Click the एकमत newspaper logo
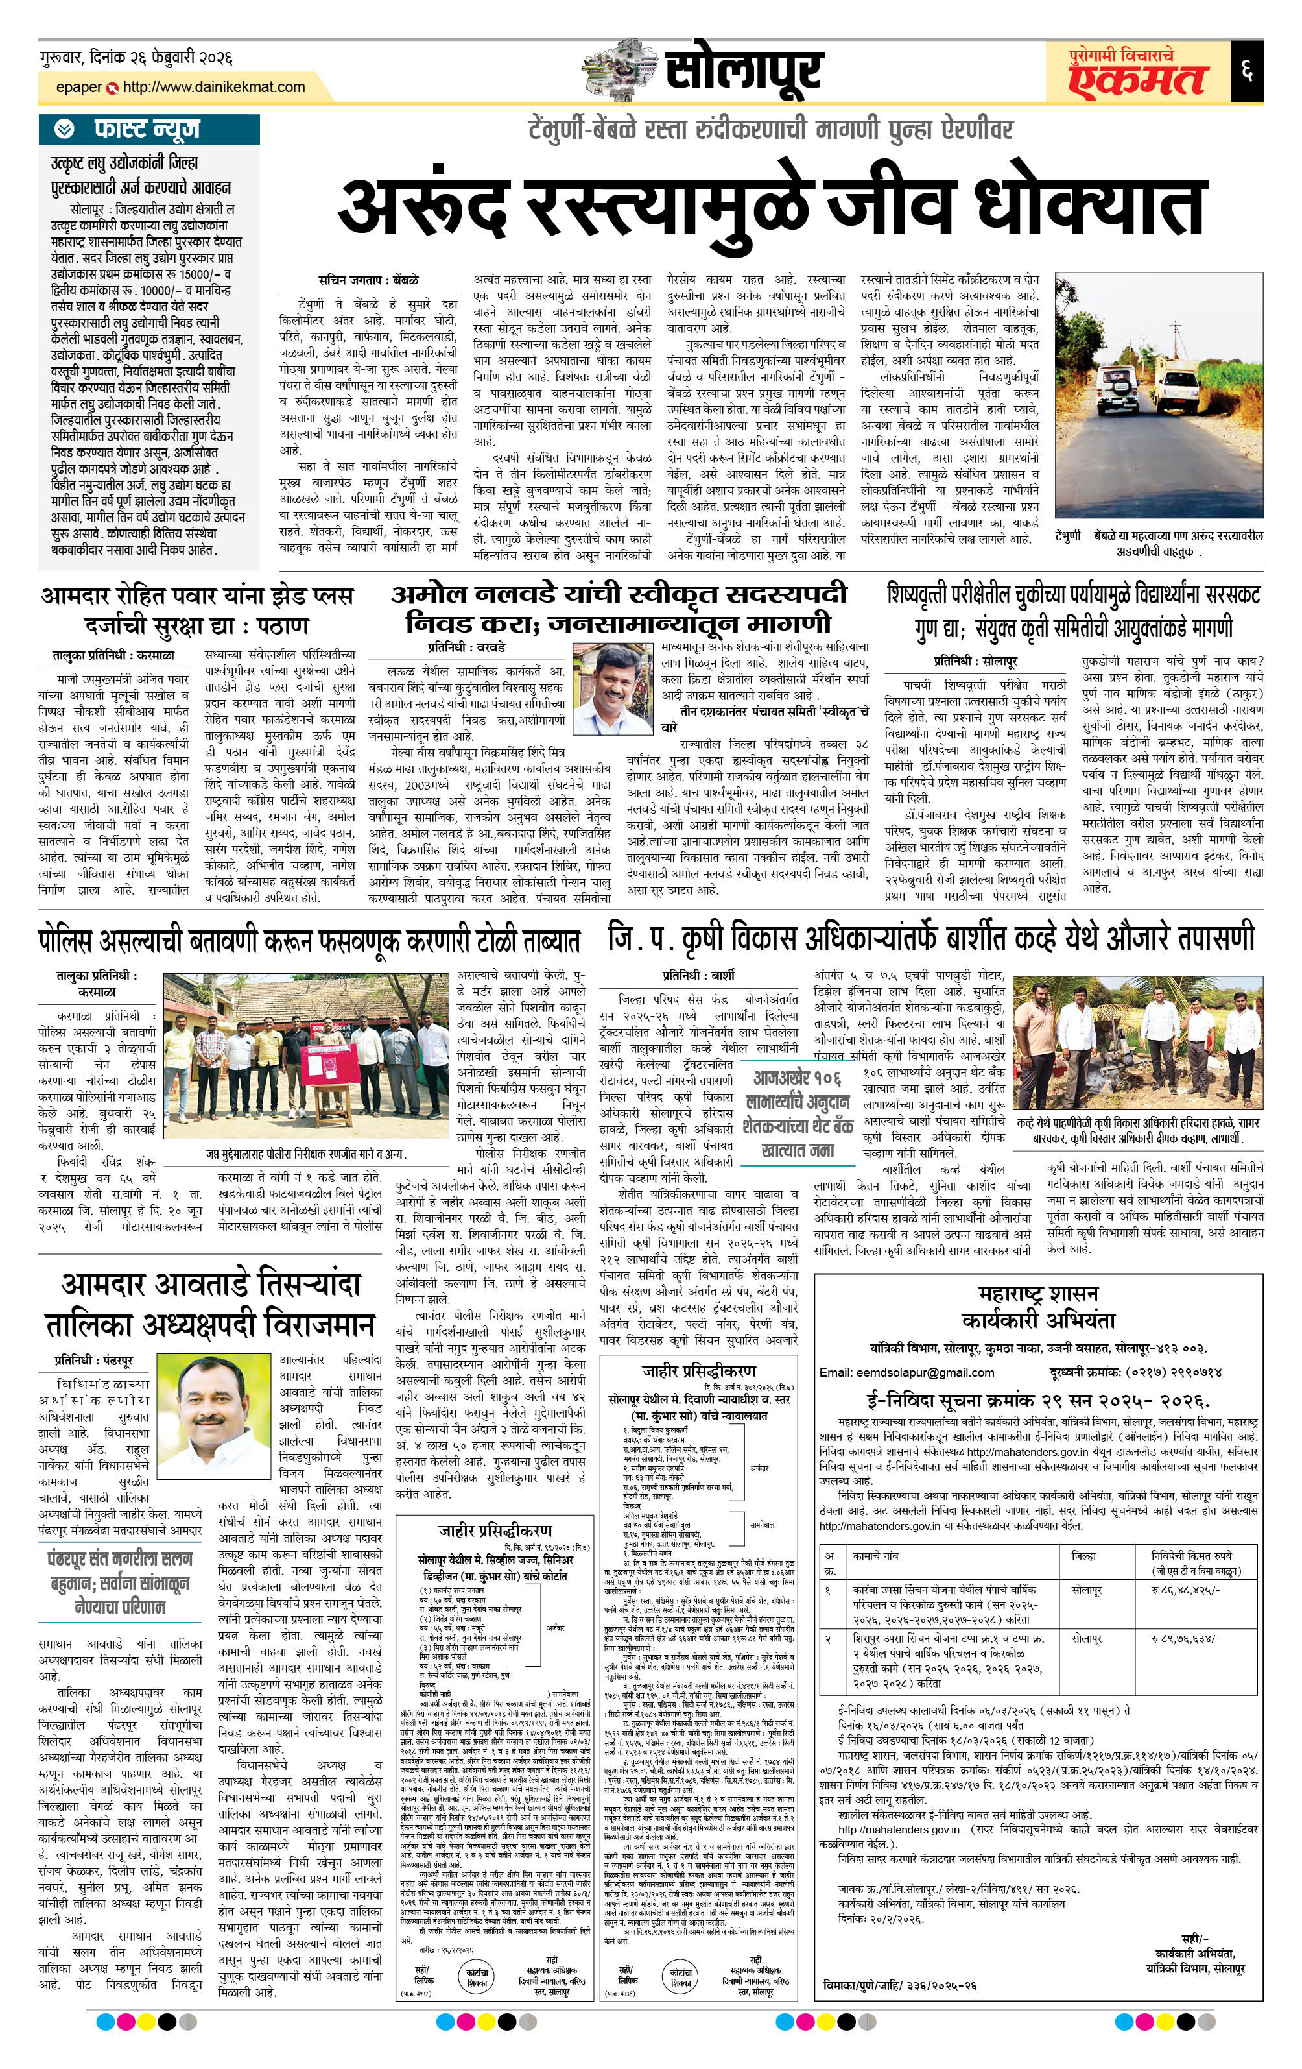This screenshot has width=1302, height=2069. [x=1137, y=77]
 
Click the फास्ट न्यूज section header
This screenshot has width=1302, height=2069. [x=147, y=129]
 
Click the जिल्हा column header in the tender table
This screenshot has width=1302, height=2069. [x=1084, y=1555]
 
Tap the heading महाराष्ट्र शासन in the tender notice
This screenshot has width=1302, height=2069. [x=1037, y=1293]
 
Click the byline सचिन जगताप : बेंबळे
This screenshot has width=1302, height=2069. [x=368, y=280]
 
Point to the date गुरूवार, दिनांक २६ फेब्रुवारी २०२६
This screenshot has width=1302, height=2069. [x=136, y=58]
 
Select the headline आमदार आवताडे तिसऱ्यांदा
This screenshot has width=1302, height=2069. [x=211, y=1285]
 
